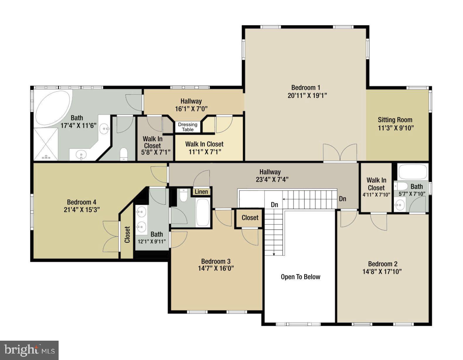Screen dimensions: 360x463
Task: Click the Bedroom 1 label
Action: pos(306,87)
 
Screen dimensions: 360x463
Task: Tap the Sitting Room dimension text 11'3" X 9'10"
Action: pos(396,128)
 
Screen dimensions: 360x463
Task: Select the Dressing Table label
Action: pos(188,127)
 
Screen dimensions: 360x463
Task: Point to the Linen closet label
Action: pos(201,192)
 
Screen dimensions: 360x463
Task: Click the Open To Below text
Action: pos(300,277)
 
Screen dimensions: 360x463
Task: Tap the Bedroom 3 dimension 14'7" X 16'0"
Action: pos(216,268)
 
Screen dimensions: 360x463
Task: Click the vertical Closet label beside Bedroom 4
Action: pos(127,235)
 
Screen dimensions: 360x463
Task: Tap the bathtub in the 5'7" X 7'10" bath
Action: pos(413,171)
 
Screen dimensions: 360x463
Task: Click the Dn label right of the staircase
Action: pos(343,199)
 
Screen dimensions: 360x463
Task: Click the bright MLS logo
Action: pos(29,350)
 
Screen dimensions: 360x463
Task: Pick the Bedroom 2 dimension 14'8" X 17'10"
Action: pos(382,272)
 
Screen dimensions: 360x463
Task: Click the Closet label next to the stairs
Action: pos(250,218)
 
